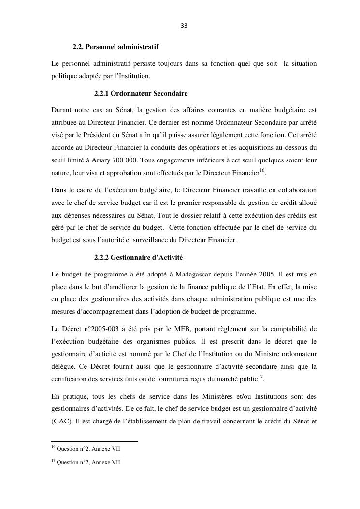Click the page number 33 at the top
(184, 26)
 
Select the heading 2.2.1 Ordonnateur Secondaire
(141, 92)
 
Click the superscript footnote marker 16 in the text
(262, 169)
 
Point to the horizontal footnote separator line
(95, 441)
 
